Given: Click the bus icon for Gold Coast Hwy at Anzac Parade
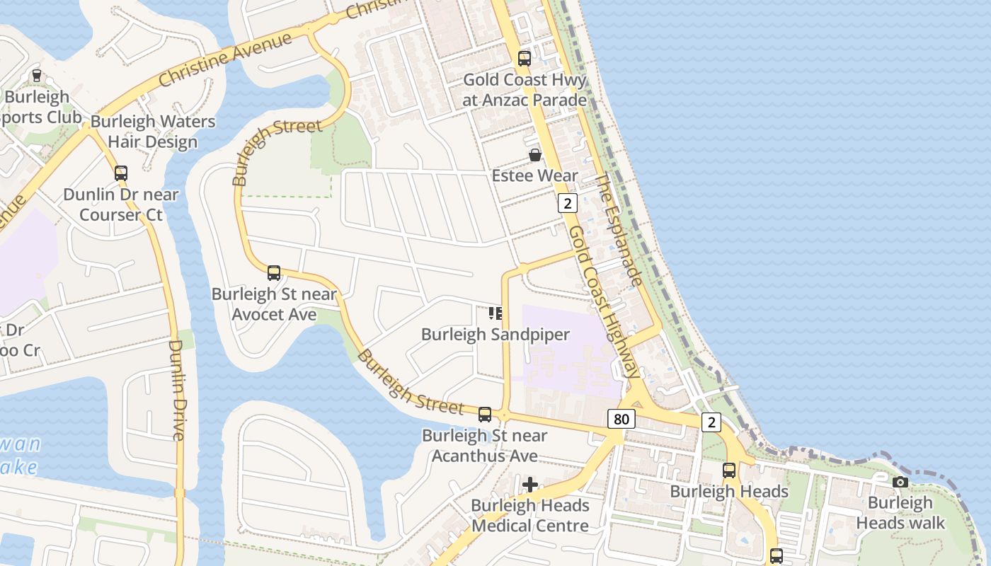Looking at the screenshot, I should [x=524, y=59].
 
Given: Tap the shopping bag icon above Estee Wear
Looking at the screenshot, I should [x=535, y=154].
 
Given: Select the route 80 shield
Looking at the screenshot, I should [x=621, y=419].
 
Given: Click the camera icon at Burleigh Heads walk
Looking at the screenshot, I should [x=900, y=482].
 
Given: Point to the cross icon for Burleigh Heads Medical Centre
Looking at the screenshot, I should [x=529, y=485].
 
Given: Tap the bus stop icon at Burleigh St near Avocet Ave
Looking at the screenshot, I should [x=274, y=272].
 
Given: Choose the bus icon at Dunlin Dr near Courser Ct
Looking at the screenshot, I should [x=121, y=173].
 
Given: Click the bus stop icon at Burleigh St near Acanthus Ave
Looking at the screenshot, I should [x=485, y=415].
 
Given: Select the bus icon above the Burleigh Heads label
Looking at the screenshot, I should [x=729, y=470].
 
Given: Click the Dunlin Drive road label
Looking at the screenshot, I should [x=177, y=390].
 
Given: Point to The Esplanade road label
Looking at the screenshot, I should [x=618, y=230].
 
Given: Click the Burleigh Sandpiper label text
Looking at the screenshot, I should [x=495, y=335].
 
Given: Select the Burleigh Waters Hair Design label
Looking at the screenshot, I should [x=153, y=132].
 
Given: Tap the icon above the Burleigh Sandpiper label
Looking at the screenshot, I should [x=495, y=313].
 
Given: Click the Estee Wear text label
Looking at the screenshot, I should [x=535, y=175].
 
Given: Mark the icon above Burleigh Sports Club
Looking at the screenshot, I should [x=37, y=75].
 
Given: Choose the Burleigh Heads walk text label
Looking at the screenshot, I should [x=900, y=513].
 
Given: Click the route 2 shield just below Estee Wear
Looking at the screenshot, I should [x=567, y=204].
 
